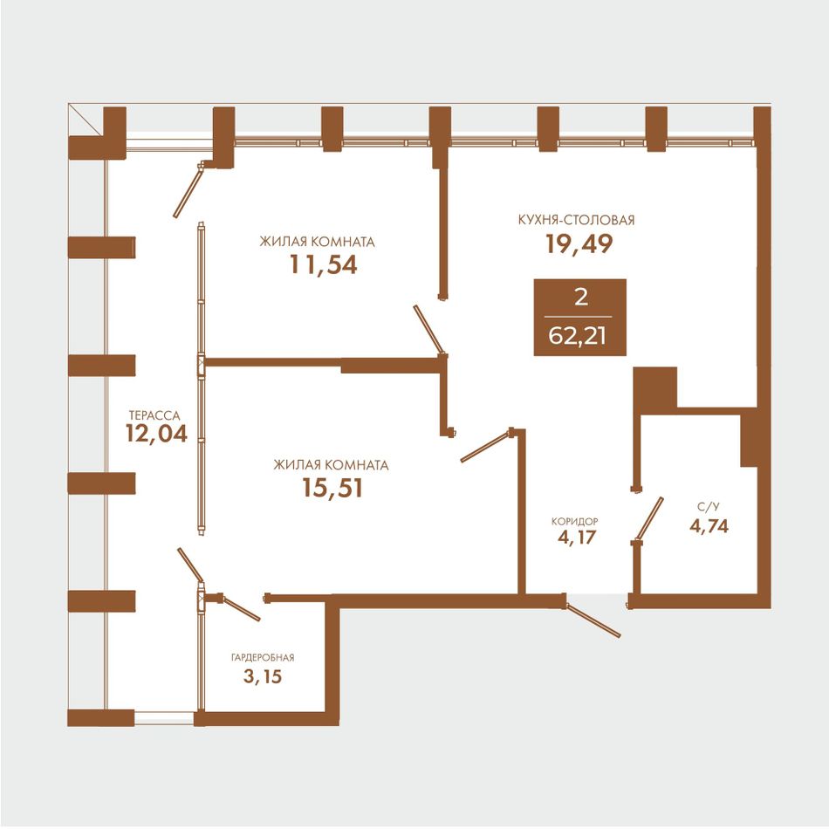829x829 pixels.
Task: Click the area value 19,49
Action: pos(579,243)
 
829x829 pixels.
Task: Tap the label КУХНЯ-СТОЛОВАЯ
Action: pos(576,220)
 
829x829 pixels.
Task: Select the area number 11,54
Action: pos(323,265)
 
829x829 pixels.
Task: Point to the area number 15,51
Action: pos(332,488)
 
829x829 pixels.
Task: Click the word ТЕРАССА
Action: pos(154,415)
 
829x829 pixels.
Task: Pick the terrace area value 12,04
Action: pos(156,434)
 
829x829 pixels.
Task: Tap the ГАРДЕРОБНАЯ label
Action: pos(263,658)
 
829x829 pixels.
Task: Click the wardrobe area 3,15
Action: pos(263,676)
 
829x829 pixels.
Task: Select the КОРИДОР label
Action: pos(575,522)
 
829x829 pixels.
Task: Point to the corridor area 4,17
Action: pos(576,538)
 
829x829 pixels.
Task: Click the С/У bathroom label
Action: pos(709,508)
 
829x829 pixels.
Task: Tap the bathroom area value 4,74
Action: pos(709,526)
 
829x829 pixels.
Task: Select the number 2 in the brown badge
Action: pos(580,297)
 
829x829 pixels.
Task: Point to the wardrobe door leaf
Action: pos(241,608)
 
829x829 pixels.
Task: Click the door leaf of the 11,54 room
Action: pos(429,329)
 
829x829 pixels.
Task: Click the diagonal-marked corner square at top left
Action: pos(85,120)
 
